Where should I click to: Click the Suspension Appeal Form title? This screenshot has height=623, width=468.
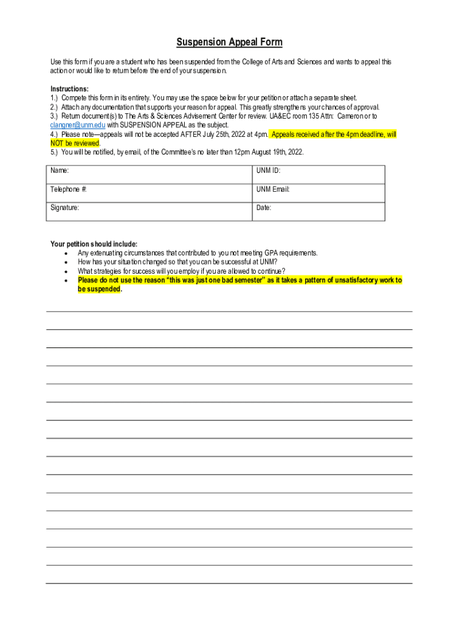[x=229, y=43]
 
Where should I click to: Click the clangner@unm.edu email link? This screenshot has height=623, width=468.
[x=78, y=125]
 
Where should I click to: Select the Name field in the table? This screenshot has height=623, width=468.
[x=150, y=174]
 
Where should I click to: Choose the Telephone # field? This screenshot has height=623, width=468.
[x=150, y=192]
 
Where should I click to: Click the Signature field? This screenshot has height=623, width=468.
[x=150, y=211]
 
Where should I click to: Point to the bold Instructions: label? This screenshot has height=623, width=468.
[x=69, y=89]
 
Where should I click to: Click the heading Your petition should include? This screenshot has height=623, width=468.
[x=94, y=244]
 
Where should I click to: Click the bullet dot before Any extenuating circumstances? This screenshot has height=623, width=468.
[x=65, y=253]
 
